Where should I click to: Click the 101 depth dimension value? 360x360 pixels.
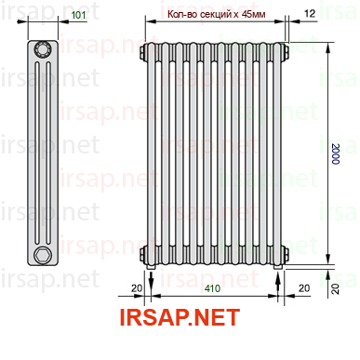pos(78,15)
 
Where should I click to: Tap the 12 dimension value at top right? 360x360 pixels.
pos(310,13)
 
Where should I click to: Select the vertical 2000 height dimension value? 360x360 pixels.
pos(336,153)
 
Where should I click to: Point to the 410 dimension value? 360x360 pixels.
pos(212,288)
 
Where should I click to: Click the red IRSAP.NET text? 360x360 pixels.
pos(180,317)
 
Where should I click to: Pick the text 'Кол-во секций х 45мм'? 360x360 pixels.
pos(216,14)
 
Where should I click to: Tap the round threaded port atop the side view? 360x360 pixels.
pos(43,49)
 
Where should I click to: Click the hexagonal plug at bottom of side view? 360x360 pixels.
pos(42,255)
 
